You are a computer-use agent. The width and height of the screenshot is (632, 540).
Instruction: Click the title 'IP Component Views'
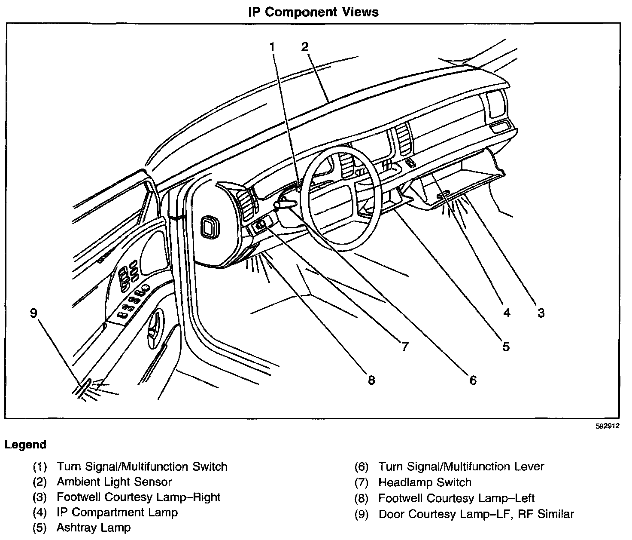pyautogui.click(x=313, y=12)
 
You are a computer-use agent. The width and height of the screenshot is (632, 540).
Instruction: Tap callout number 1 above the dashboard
pyautogui.click(x=272, y=46)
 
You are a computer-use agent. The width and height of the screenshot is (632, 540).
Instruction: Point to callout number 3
pyautogui.click(x=541, y=313)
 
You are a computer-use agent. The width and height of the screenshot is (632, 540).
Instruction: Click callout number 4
pyautogui.click(x=507, y=313)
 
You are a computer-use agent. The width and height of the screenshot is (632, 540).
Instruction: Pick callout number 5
pyautogui.click(x=506, y=347)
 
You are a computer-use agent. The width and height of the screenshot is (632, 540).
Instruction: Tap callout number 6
pyautogui.click(x=473, y=380)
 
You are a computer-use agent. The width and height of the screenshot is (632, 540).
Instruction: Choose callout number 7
pyautogui.click(x=404, y=347)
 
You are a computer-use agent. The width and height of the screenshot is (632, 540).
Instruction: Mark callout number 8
pyautogui.click(x=371, y=380)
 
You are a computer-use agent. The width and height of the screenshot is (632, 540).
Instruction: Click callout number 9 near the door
pyautogui.click(x=34, y=313)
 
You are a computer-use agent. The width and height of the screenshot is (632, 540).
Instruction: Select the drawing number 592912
pyautogui.click(x=607, y=426)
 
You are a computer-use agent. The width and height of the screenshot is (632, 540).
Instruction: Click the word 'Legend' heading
pyautogui.click(x=25, y=445)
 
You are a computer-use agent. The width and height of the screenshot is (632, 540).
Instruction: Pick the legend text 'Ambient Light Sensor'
pyautogui.click(x=114, y=482)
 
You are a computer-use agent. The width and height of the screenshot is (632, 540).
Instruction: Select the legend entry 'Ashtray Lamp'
pyautogui.click(x=94, y=528)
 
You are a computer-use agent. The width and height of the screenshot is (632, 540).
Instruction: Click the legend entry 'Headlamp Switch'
pyautogui.click(x=425, y=482)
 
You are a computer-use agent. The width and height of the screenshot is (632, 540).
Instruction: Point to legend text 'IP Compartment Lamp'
pyautogui.click(x=117, y=512)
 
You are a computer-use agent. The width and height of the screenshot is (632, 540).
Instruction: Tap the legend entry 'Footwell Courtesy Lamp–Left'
pyautogui.click(x=456, y=498)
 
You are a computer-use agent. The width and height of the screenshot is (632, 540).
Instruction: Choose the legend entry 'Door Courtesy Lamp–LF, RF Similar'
pyautogui.click(x=476, y=514)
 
